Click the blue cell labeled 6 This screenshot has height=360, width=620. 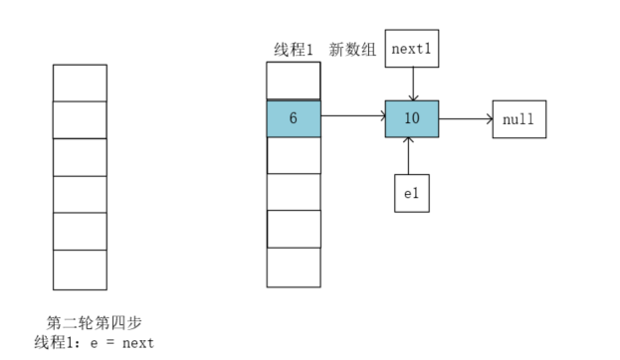(x=294, y=118)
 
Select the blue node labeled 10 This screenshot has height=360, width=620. (x=412, y=119)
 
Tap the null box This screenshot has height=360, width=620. (x=518, y=119)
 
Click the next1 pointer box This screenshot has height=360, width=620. (x=412, y=48)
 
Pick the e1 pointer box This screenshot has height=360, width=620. (x=412, y=192)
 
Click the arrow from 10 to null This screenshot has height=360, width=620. (x=466, y=119)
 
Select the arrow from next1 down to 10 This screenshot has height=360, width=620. (x=412, y=84)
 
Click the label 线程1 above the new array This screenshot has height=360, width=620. (x=294, y=49)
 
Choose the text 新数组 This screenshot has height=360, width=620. (x=353, y=49)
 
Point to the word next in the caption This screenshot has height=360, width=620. (x=138, y=343)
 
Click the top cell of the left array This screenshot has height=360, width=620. (x=80, y=83)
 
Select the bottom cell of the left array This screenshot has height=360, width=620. (x=80, y=269)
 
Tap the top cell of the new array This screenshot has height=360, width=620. (x=294, y=81)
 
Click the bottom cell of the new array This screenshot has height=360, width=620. (x=294, y=267)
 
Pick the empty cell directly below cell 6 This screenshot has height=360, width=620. (x=294, y=155)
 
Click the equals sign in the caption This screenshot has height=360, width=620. (x=109, y=343)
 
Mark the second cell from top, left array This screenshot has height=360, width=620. (x=80, y=119)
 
